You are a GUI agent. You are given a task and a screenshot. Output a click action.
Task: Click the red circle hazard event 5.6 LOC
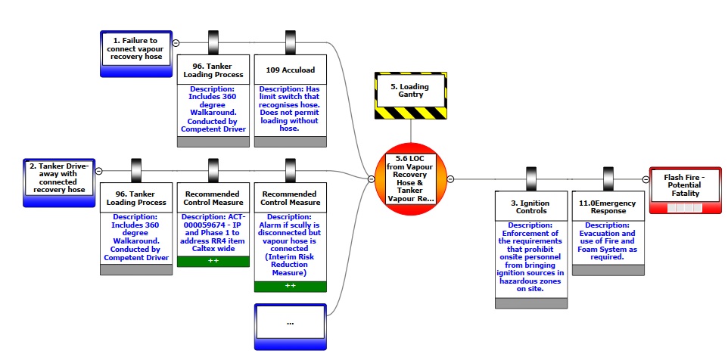[x=411, y=182]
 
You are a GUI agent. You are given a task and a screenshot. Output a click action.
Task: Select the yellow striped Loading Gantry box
[x=411, y=95]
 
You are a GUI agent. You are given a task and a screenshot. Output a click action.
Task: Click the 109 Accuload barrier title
[x=291, y=70]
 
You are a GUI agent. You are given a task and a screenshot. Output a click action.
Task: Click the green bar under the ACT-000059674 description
[x=213, y=262]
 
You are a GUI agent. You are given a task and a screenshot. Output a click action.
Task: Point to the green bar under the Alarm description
[x=291, y=287]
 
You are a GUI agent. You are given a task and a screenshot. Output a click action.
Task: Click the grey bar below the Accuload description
[x=291, y=141]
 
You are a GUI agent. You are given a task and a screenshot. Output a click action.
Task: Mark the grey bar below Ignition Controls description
[x=530, y=303]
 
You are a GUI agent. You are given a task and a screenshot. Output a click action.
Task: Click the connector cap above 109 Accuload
[x=291, y=42]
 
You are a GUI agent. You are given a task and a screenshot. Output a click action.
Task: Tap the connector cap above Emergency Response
[x=608, y=179]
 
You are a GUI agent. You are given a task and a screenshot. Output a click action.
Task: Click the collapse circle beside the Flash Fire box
[x=646, y=179]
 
